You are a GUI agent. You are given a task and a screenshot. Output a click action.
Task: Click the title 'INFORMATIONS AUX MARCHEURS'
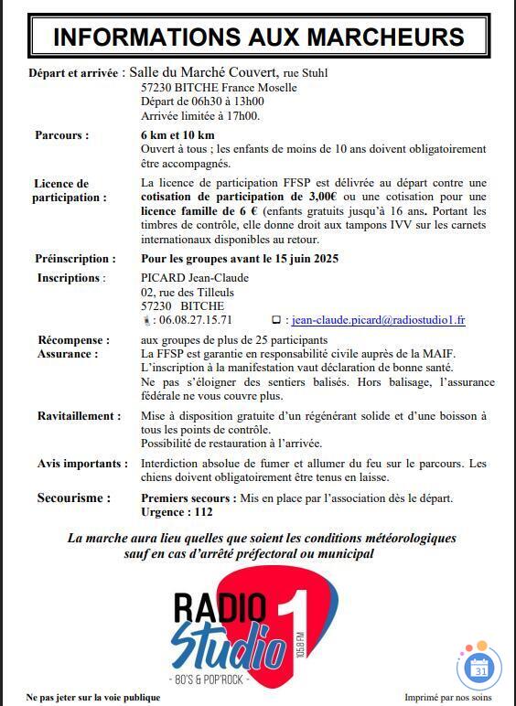pyautogui.click(x=258, y=37)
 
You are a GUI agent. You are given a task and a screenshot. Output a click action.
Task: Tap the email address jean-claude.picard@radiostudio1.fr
pyautogui.click(x=378, y=320)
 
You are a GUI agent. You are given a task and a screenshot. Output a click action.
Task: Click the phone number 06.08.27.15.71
pyautogui.click(x=195, y=320)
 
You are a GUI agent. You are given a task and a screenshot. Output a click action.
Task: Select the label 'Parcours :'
pyautogui.click(x=62, y=135)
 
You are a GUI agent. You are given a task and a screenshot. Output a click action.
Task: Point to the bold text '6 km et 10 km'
pyautogui.click(x=177, y=135)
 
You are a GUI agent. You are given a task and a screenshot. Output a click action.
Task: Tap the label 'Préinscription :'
pyautogui.click(x=75, y=259)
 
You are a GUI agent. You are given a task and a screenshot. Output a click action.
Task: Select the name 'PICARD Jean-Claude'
pyautogui.click(x=195, y=278)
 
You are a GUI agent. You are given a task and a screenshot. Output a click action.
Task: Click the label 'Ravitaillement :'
pyautogui.click(x=79, y=416)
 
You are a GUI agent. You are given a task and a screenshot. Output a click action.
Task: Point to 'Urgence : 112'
pyautogui.click(x=177, y=512)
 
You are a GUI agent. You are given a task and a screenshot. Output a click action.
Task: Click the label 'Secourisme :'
pyautogui.click(x=74, y=498)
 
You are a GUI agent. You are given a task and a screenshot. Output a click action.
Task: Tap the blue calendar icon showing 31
pyautogui.click(x=480, y=669)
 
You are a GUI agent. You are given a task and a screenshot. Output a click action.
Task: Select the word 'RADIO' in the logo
pyautogui.click(x=220, y=607)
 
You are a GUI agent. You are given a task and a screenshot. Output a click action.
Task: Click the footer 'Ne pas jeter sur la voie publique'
pyautogui.click(x=87, y=696)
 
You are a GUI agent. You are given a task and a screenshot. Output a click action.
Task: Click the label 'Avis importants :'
pyautogui.click(x=81, y=464)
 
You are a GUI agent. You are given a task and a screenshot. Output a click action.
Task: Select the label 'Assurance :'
pyautogui.click(x=68, y=354)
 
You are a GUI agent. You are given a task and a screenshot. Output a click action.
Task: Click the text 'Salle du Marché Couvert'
pyautogui.click(x=203, y=72)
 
